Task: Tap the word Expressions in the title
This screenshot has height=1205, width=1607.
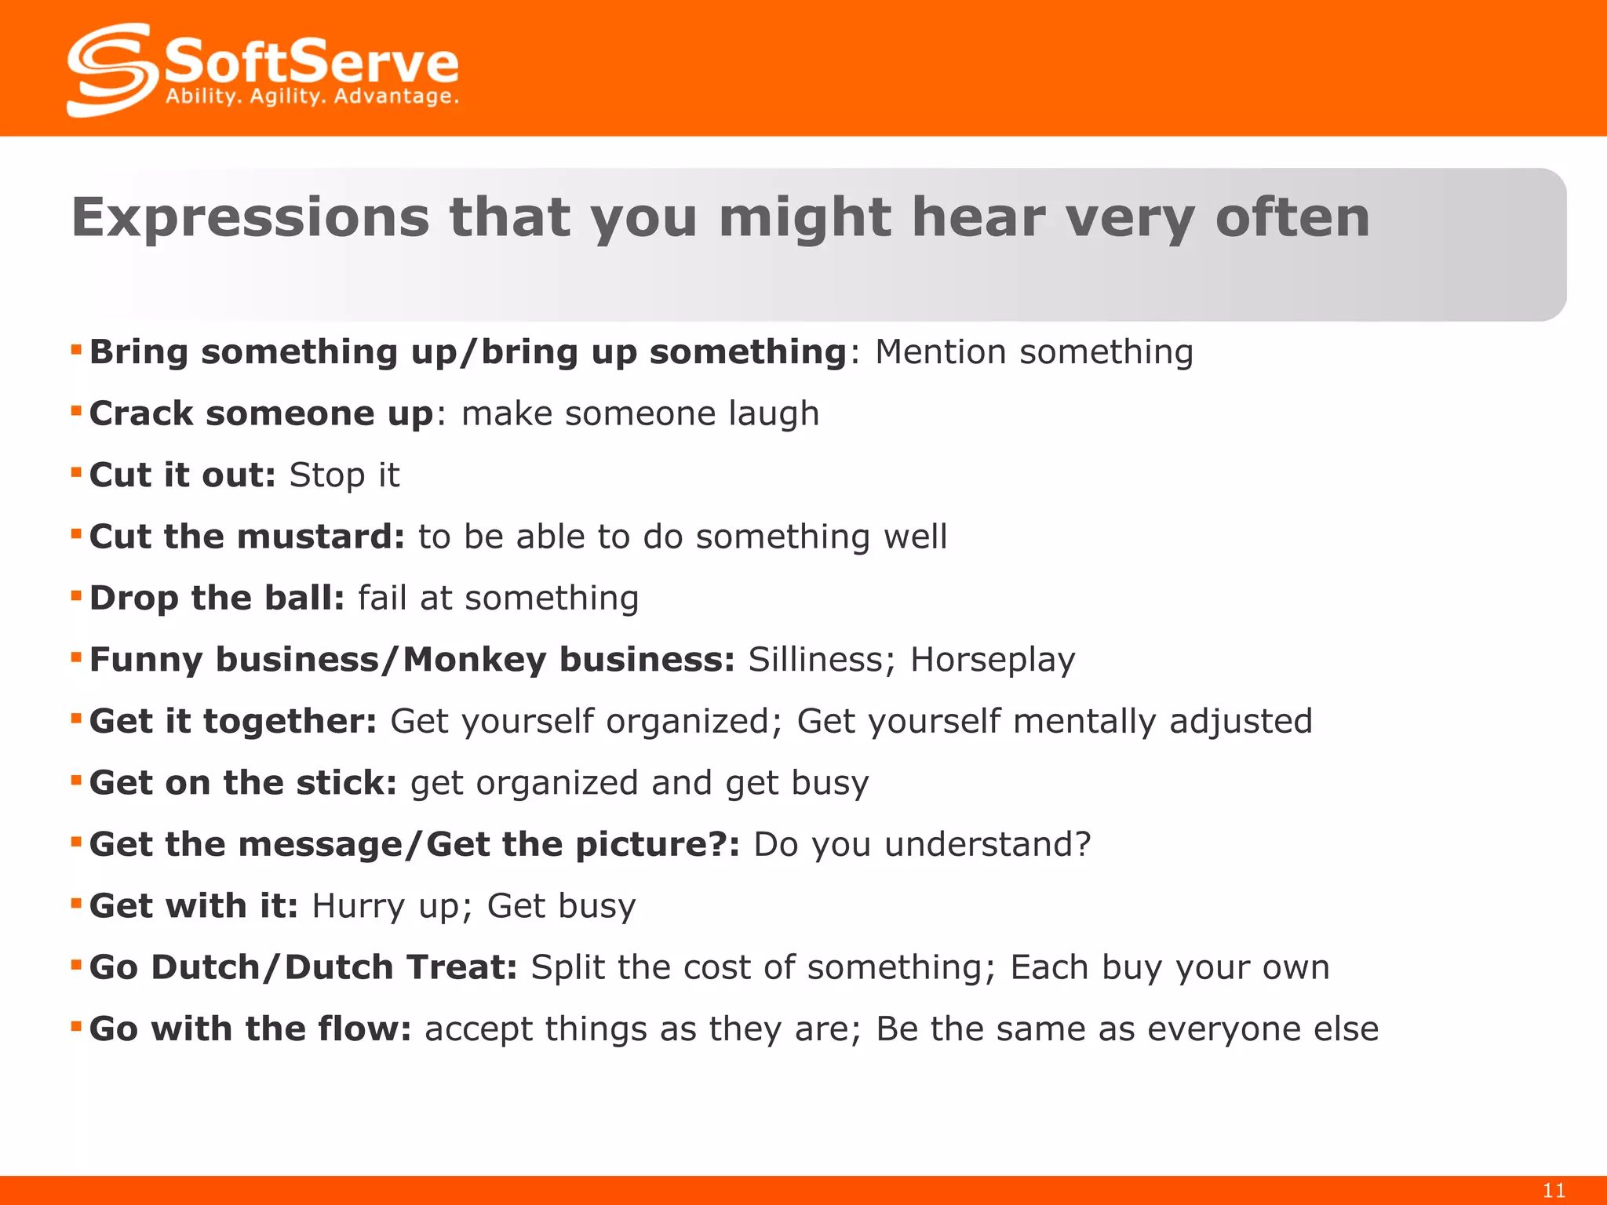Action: click(x=250, y=217)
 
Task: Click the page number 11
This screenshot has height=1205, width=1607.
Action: click(x=1554, y=1190)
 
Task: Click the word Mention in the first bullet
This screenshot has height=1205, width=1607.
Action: click(x=940, y=351)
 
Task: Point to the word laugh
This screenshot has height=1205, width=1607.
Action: click(x=774, y=414)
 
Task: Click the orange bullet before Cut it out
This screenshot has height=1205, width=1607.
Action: click(x=76, y=472)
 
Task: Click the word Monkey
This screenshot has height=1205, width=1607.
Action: click(x=474, y=661)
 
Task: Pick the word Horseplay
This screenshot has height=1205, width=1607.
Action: click(x=992, y=661)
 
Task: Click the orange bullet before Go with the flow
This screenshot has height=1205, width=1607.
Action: click(x=76, y=1026)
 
